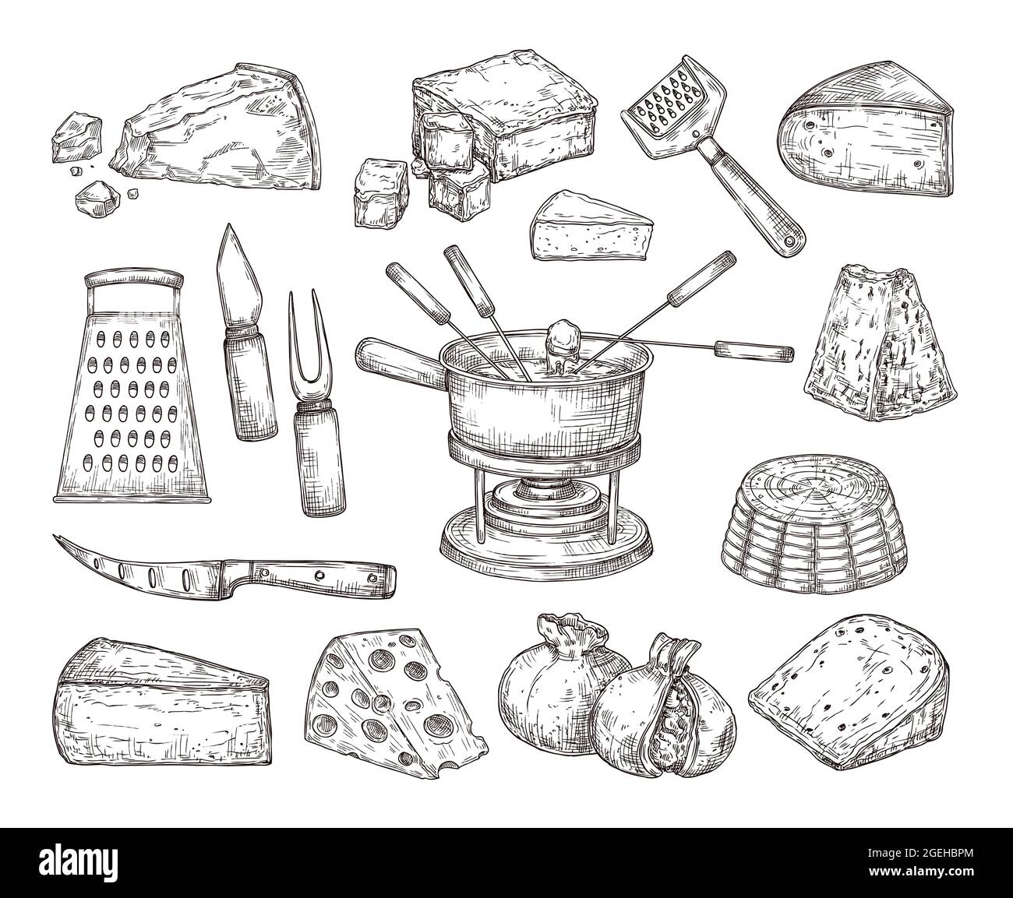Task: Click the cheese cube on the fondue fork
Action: pyautogui.click(x=562, y=339)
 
